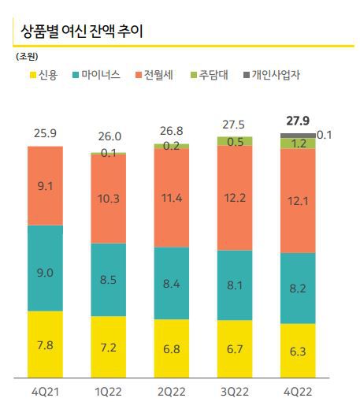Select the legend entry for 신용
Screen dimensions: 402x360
coord(43,75)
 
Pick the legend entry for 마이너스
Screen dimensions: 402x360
coord(96,75)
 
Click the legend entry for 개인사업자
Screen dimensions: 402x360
coord(276,75)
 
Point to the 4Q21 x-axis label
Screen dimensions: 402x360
coord(45,389)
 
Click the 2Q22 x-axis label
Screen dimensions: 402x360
coord(171,389)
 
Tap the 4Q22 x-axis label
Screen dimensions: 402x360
coord(298,389)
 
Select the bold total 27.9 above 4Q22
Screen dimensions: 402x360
coord(298,121)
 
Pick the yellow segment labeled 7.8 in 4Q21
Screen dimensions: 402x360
coord(45,344)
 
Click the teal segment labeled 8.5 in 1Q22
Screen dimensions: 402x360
coord(108,279)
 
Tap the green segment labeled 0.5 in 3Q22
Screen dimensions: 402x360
coord(235,142)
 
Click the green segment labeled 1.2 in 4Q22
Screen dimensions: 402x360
coord(298,143)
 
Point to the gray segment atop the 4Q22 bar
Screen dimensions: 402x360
coord(298,136)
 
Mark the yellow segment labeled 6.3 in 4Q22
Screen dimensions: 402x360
coord(298,351)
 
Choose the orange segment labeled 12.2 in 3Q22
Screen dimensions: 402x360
coord(235,199)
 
